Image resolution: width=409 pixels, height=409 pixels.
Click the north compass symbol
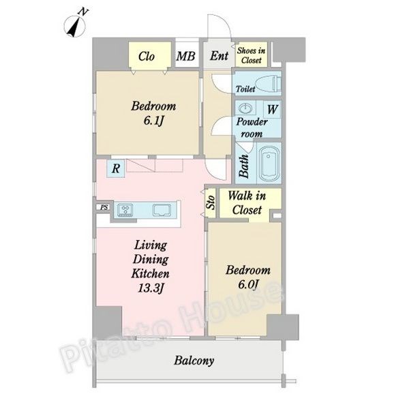pos(75,25)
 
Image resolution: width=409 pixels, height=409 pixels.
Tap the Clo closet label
pos(147,57)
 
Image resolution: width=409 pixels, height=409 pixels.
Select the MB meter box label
pos(185,57)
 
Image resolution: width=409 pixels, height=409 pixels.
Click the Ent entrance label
pos(219,56)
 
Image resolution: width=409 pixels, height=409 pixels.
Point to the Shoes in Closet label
pos(251,55)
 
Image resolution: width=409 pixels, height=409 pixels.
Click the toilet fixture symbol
pos(268,84)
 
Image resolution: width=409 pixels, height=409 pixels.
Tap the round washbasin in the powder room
pos(245,108)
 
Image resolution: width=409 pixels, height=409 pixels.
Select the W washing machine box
pos(272,109)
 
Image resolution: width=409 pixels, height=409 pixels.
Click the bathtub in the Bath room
pos(270,164)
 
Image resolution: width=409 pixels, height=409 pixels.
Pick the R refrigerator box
pos(116,168)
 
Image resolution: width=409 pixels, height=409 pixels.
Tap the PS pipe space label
pos(104,208)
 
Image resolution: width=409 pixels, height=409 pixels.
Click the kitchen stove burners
pos(125,210)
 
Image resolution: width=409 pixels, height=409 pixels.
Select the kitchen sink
pos(162,210)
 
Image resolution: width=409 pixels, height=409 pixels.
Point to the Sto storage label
pos(211,202)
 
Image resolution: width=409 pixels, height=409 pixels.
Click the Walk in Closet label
pos(247,203)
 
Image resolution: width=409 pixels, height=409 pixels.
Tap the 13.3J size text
pos(151,288)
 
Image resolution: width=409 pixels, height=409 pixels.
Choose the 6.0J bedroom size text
pos(248,284)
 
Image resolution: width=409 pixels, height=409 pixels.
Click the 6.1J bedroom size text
pos(153,121)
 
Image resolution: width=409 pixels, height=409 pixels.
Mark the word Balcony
pos(194,361)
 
